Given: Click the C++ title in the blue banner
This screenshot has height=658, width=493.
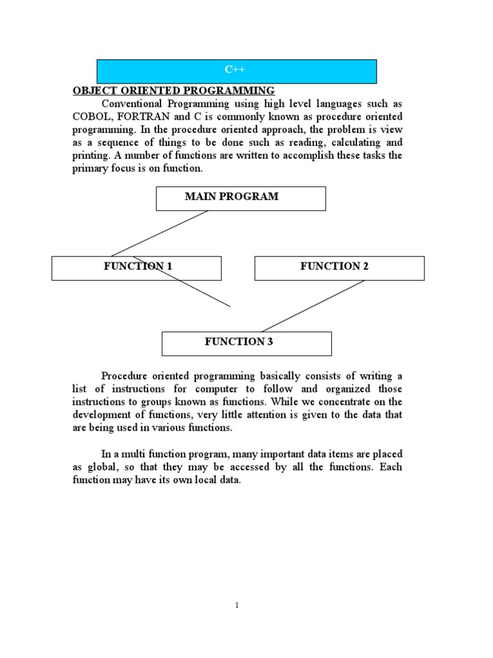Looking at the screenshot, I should (236, 69).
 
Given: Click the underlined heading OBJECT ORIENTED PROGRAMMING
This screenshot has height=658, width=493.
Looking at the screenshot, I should (173, 91).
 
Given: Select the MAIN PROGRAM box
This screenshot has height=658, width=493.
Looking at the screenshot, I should (241, 198).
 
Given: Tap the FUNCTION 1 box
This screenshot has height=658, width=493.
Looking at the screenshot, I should (136, 267).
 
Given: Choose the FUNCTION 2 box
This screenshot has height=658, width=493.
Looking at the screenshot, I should (339, 267).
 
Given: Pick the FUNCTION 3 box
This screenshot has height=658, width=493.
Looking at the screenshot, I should (246, 343).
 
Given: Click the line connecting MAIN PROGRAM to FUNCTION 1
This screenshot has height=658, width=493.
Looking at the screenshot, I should (160, 233).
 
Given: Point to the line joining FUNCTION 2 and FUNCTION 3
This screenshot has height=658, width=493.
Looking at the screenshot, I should (313, 306).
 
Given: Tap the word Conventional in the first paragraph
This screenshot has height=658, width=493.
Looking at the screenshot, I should (132, 103).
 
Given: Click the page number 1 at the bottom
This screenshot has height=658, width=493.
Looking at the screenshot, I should (237, 605).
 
